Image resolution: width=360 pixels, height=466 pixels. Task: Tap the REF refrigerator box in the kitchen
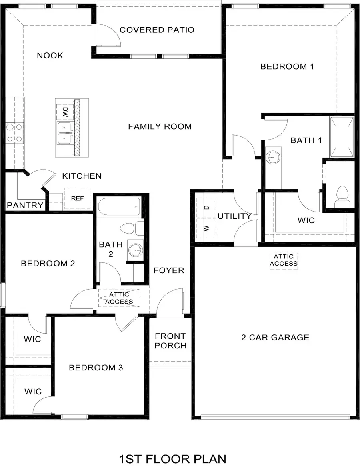(x=77, y=198)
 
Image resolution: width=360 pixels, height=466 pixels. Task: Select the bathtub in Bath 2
(x=119, y=207)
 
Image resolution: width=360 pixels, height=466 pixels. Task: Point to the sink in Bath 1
(x=273, y=156)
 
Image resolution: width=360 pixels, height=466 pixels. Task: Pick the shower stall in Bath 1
(x=341, y=137)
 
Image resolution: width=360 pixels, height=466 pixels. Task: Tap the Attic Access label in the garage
(x=284, y=260)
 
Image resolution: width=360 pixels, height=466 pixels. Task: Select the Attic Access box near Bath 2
(x=119, y=298)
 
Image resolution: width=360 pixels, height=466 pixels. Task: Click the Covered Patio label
(x=157, y=30)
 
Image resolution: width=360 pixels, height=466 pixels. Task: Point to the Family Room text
(x=160, y=126)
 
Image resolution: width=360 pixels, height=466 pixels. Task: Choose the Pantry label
(x=25, y=206)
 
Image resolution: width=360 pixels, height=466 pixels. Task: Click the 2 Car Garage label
(x=275, y=337)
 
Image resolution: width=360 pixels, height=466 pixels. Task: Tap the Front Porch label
(x=170, y=340)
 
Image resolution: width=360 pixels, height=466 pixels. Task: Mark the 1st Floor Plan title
(x=172, y=458)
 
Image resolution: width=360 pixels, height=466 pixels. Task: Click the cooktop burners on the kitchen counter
(x=14, y=133)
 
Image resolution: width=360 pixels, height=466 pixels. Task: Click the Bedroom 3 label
(x=96, y=368)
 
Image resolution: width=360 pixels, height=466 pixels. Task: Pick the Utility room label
(x=234, y=216)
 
